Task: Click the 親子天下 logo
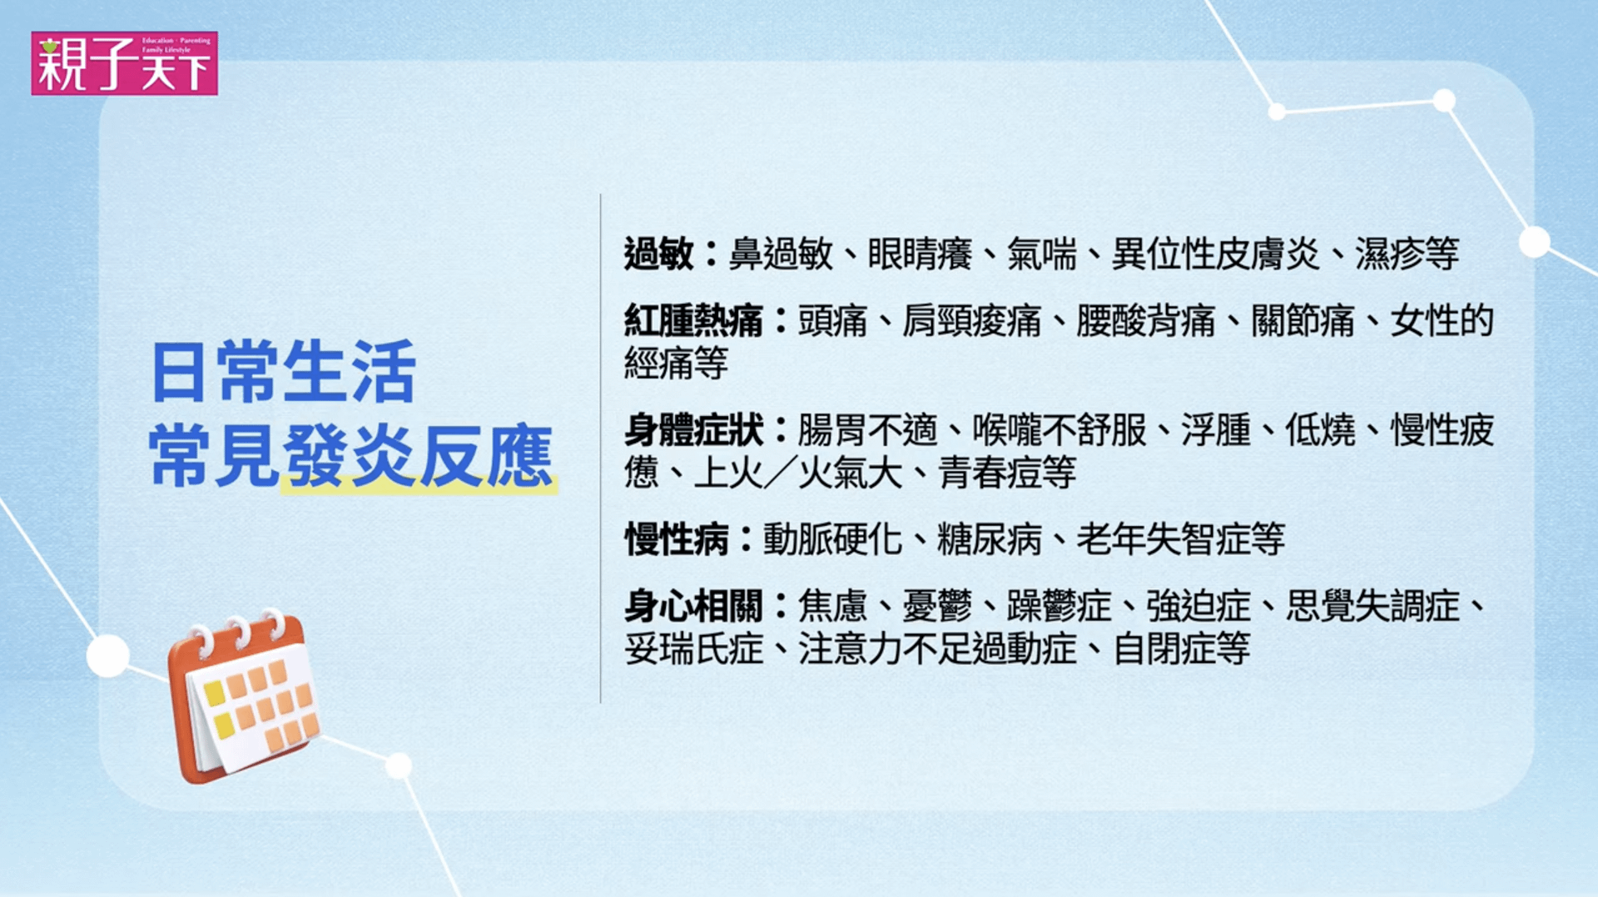(x=125, y=63)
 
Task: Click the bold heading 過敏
(x=658, y=254)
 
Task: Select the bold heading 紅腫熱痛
(x=693, y=320)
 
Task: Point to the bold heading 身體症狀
(x=693, y=430)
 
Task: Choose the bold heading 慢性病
(x=676, y=539)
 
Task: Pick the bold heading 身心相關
(x=693, y=606)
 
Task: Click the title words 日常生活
(x=283, y=372)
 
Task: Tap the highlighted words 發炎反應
(x=418, y=456)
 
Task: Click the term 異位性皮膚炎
(x=1216, y=254)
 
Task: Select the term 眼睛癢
(x=920, y=254)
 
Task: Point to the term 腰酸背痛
(x=1146, y=320)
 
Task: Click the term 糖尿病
(x=990, y=539)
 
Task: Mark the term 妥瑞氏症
(x=693, y=649)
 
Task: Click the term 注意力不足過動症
(x=937, y=649)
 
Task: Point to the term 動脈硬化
(x=832, y=539)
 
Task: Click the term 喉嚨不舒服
(x=1060, y=430)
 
